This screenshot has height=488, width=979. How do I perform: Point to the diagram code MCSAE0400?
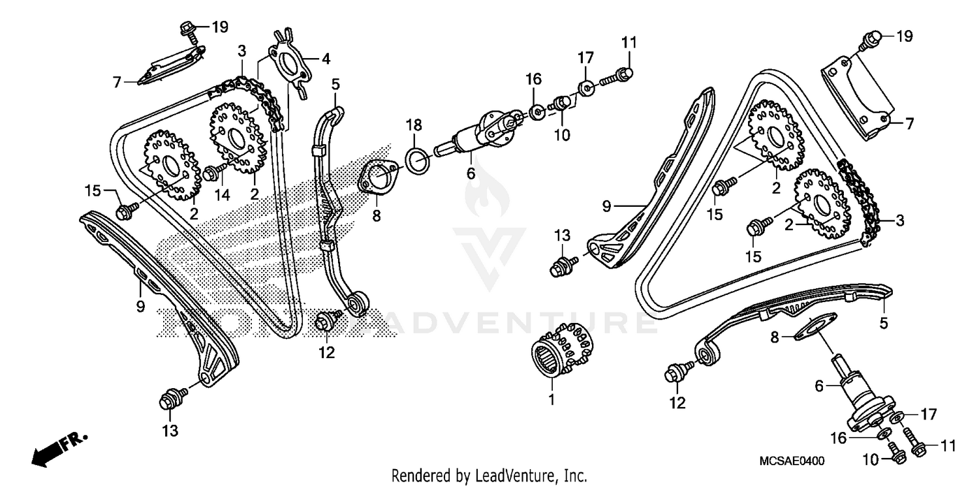(x=792, y=461)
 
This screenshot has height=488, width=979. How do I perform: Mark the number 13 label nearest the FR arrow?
(x=170, y=431)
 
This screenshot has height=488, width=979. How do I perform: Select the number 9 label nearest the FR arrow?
(x=140, y=306)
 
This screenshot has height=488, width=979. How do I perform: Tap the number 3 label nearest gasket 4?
(x=241, y=50)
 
